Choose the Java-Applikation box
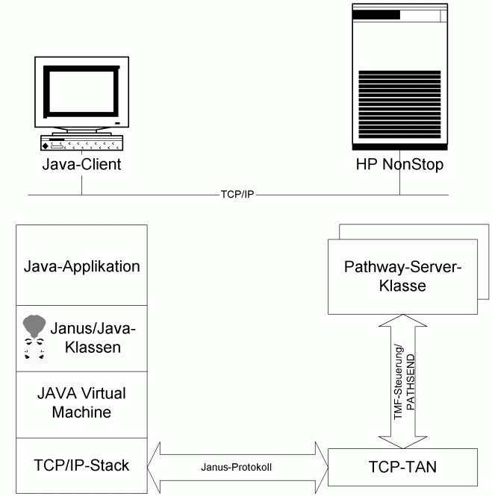tap(81, 266)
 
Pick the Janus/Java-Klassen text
tap(93, 337)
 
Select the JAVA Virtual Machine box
tap(81, 404)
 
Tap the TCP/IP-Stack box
tap(81, 465)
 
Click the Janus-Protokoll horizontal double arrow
tap(238, 467)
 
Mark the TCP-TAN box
tap(402, 468)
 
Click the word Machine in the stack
tap(81, 412)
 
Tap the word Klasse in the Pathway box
tap(402, 286)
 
